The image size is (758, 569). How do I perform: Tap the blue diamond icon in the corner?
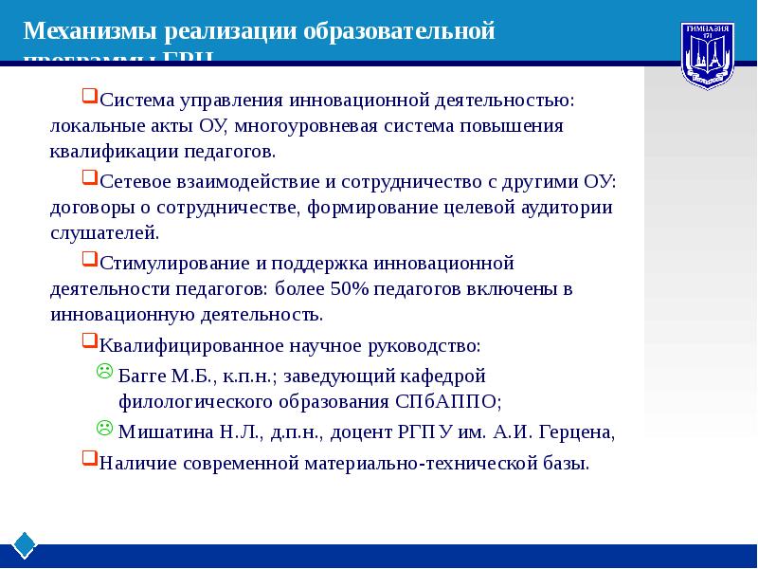[x=25, y=544]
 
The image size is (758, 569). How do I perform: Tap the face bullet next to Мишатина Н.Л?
[x=105, y=429]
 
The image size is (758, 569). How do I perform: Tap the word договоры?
[x=89, y=208]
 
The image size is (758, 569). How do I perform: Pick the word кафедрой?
[x=444, y=375]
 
